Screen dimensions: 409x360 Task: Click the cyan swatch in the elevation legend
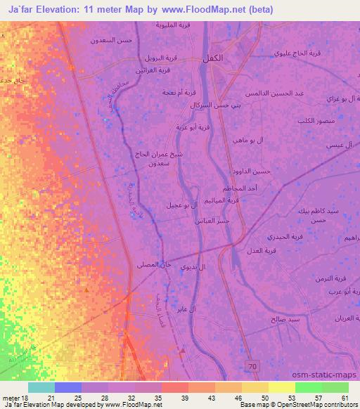(41, 387)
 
